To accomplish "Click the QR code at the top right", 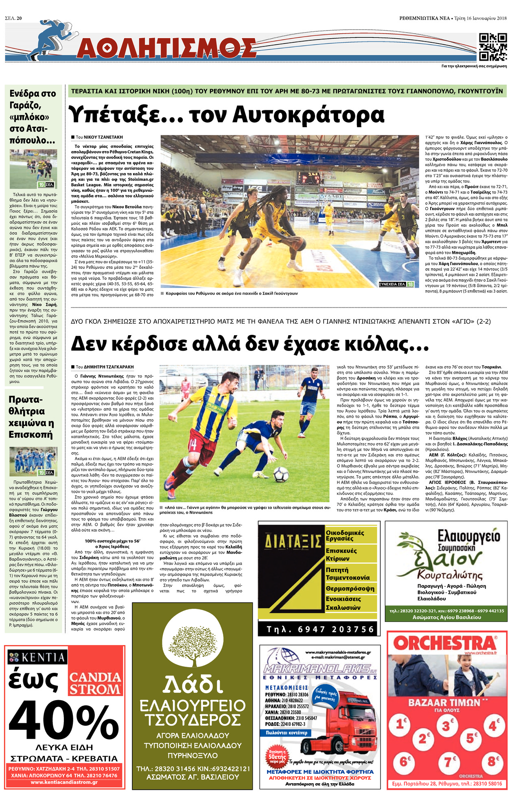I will pyautogui.click(x=493, y=47).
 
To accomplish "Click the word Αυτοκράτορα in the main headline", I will pyautogui.click(x=309, y=115).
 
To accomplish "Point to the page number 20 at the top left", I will pyautogui.click(x=19, y=18).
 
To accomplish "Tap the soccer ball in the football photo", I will pyautogui.click(x=281, y=474).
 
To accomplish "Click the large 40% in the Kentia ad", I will pyautogui.click(x=65, y=721).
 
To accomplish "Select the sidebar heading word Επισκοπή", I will pyautogui.click(x=31, y=435).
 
